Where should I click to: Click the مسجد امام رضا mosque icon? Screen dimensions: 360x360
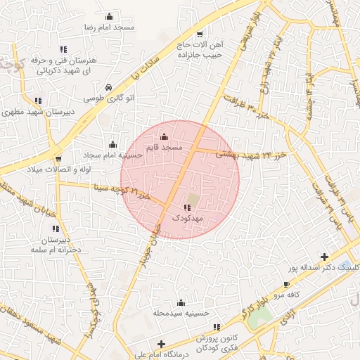109,16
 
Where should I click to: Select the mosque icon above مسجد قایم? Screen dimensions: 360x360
165,136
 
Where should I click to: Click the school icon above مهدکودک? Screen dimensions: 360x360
186,207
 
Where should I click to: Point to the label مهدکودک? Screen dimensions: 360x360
186,219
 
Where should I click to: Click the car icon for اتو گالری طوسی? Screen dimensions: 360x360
108,86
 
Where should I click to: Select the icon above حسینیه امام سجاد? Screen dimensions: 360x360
112,145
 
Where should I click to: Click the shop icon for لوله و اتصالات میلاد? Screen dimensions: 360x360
58,158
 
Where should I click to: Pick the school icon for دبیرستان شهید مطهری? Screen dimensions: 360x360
37,101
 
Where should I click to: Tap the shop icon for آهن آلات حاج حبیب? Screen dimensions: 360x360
200,34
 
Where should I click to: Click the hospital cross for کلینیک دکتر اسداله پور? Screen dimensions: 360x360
324,257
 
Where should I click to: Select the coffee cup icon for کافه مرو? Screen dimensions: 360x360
286,285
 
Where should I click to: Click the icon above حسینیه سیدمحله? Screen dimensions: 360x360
181,302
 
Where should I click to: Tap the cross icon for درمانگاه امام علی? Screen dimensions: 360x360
162,345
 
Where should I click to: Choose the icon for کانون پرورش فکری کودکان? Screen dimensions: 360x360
217,327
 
